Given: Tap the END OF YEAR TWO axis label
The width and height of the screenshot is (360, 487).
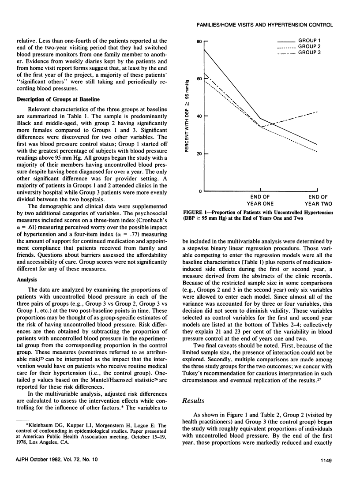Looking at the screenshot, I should click(x=318, y=200).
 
